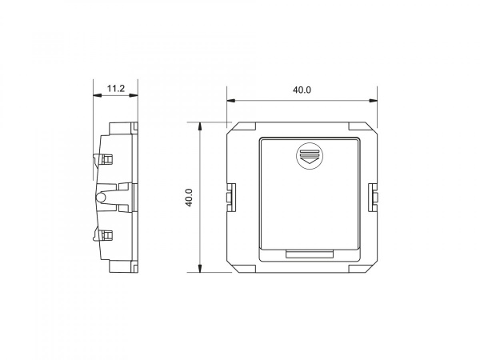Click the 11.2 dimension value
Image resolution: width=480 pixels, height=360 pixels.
(x=116, y=89)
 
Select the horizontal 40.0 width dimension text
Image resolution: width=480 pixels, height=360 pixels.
(x=302, y=90)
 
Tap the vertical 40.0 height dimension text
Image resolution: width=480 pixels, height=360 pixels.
(x=189, y=198)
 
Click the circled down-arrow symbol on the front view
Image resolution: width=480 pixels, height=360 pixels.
(x=310, y=155)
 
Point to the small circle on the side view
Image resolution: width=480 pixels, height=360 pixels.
(x=101, y=198)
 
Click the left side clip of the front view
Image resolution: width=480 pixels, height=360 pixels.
(x=231, y=198)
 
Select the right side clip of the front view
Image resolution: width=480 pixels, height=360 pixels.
(x=373, y=198)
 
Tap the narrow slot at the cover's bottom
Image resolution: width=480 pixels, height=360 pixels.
(x=310, y=254)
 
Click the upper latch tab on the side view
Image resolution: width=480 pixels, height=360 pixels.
(x=103, y=159)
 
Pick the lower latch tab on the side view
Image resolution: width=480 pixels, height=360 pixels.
(x=103, y=235)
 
